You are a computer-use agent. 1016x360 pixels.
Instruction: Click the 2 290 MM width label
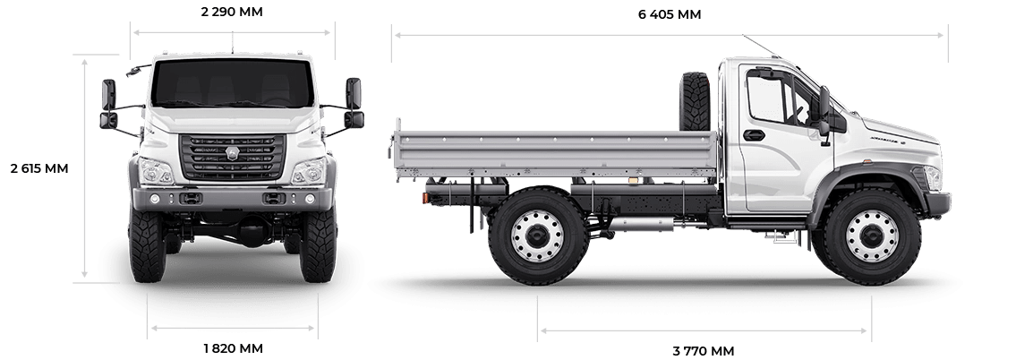(232, 12)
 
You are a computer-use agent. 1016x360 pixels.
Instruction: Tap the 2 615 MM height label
(39, 168)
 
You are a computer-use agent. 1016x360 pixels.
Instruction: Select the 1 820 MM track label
(234, 348)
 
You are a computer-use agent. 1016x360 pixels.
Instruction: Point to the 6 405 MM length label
(670, 14)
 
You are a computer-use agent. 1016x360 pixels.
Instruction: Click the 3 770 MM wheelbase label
(704, 351)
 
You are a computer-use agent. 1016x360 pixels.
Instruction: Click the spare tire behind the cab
(695, 101)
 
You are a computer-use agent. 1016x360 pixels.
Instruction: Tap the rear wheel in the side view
(539, 236)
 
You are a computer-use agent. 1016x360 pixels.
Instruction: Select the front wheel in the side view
(872, 236)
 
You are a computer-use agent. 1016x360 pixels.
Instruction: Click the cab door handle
(755, 135)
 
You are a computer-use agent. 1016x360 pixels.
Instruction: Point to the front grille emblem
(232, 153)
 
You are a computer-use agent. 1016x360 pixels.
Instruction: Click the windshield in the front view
(232, 83)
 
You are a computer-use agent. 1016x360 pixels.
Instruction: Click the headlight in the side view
(933, 177)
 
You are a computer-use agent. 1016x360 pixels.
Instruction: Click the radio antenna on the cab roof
(762, 46)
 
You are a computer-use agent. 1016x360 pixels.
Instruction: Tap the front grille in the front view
(232, 157)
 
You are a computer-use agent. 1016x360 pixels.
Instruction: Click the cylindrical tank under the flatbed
(641, 225)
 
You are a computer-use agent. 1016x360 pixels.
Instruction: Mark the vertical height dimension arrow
(84, 168)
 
